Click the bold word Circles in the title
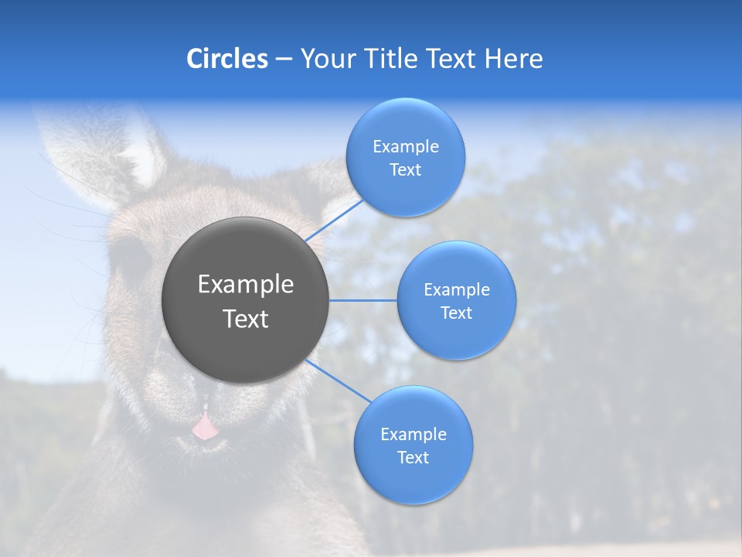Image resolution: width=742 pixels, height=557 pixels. pyautogui.click(x=227, y=59)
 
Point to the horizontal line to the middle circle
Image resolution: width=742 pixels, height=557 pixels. pyautogui.click(x=363, y=300)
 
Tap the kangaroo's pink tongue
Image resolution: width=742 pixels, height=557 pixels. pyautogui.click(x=204, y=426)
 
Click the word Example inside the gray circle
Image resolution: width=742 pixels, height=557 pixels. pyautogui.click(x=246, y=285)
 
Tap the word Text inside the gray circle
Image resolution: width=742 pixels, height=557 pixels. pyautogui.click(x=246, y=319)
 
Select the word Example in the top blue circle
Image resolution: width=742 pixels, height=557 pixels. pyautogui.click(x=405, y=147)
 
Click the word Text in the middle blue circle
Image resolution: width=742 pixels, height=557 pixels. pyautogui.click(x=456, y=313)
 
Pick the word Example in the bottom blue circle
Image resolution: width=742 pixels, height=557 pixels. pyautogui.click(x=413, y=435)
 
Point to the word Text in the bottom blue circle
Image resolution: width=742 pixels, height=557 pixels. pyautogui.click(x=413, y=458)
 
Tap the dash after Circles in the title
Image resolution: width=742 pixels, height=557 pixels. pyautogui.click(x=284, y=60)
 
